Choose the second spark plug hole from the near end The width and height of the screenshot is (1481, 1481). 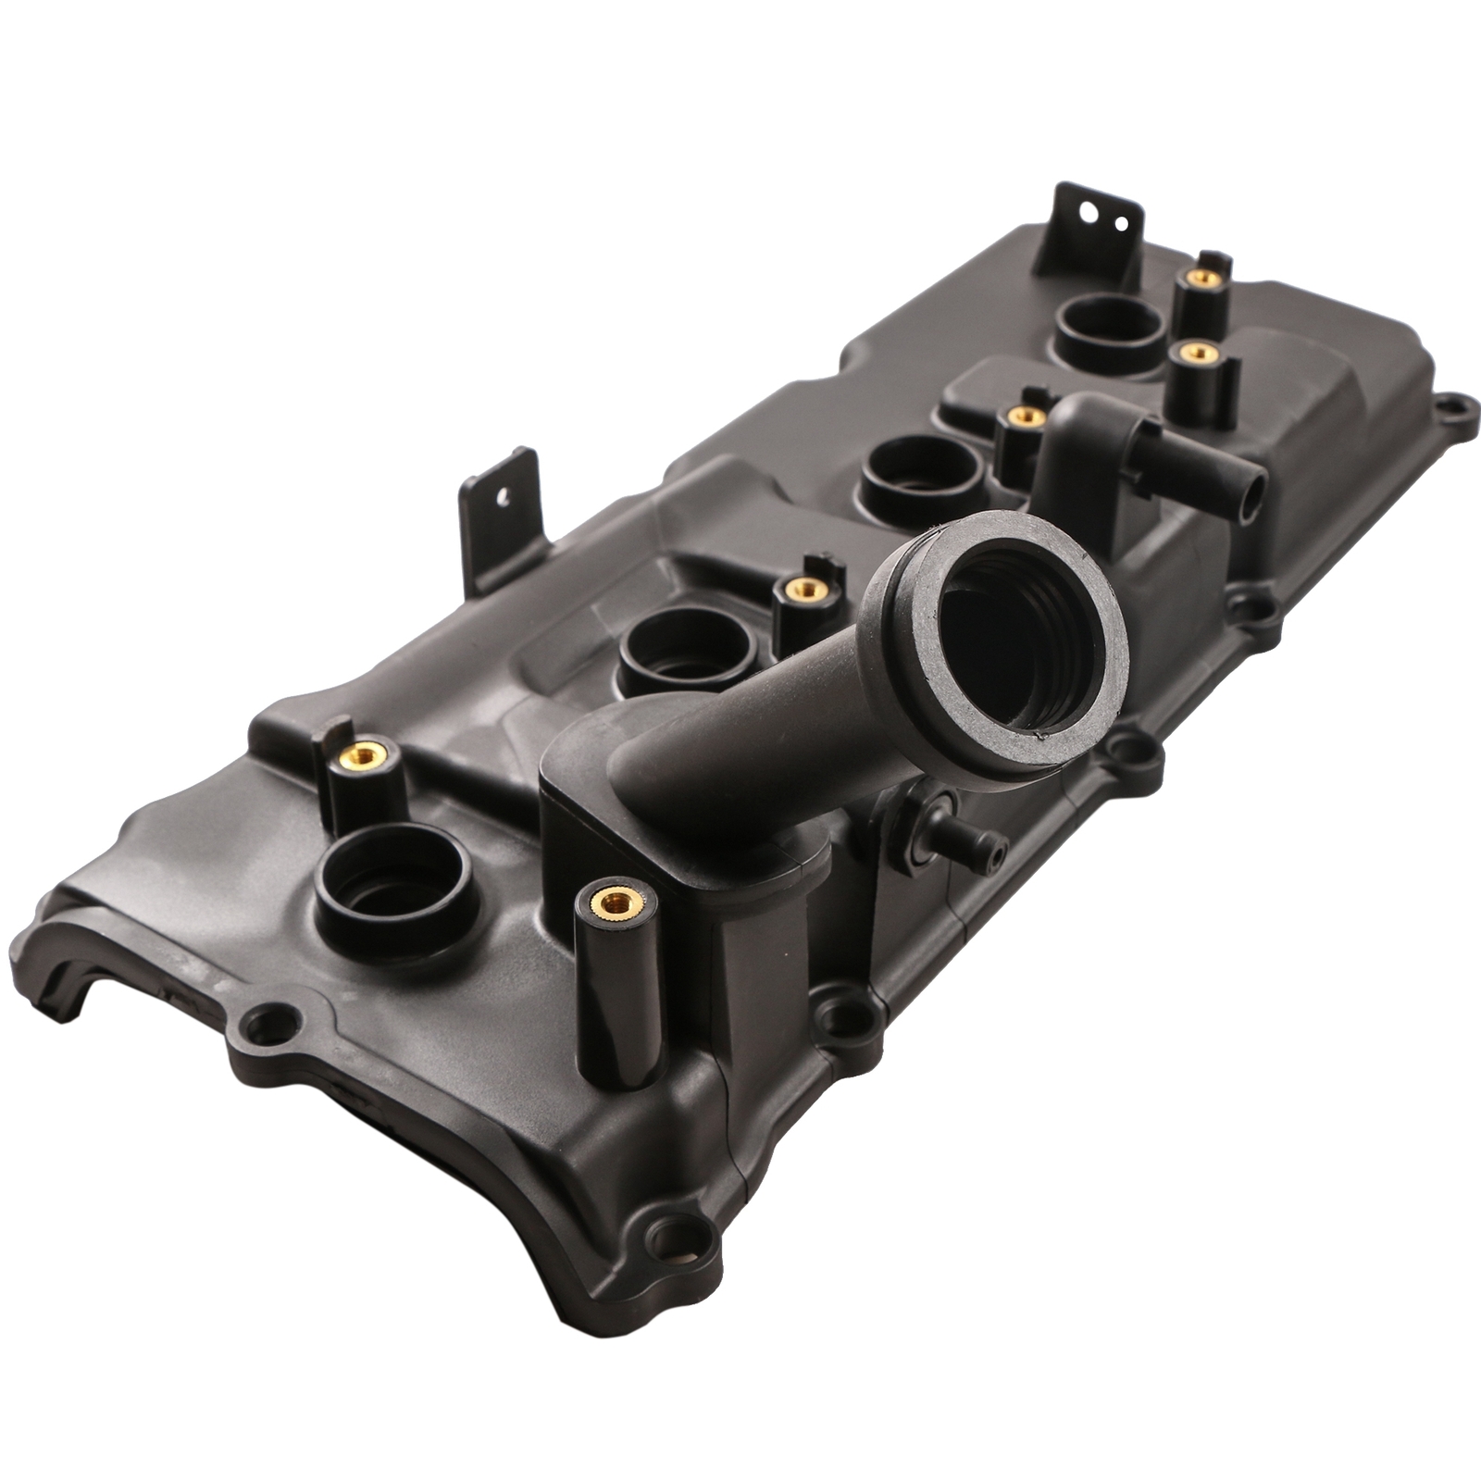(683, 645)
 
